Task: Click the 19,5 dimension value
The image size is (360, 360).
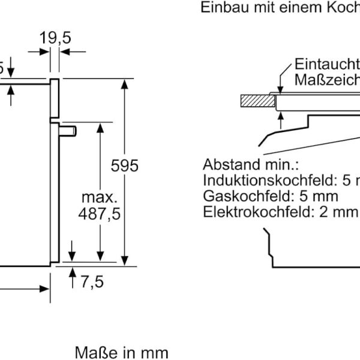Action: [56, 38]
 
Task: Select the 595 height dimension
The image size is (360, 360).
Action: [125, 166]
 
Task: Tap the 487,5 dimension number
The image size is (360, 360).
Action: [100, 214]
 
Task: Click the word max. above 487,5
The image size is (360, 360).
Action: [100, 197]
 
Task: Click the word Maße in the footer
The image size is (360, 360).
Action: [91, 351]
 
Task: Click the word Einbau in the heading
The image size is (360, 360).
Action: [221, 8]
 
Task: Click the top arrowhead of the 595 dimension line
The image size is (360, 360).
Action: [124, 83]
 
